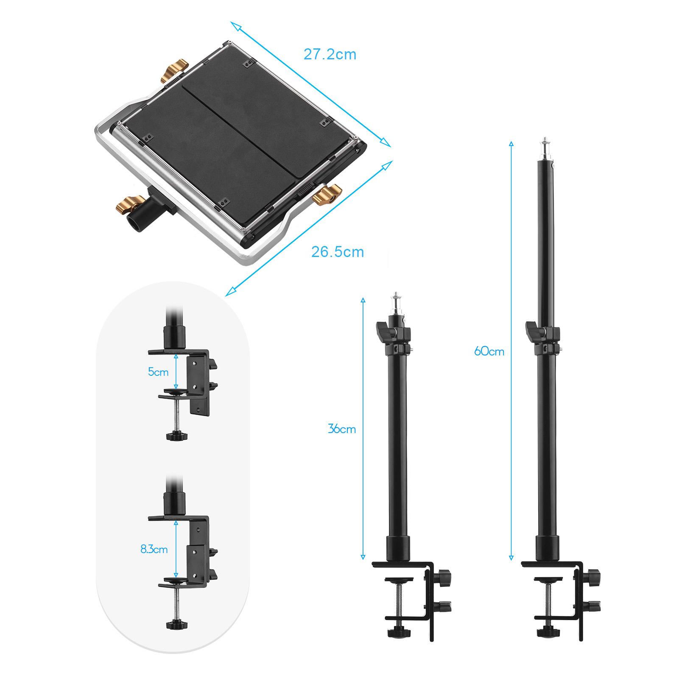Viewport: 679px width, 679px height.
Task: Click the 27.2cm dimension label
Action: pos(330,55)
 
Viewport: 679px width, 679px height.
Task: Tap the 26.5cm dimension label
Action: pos(338,251)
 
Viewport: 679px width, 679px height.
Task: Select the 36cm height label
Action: pos(342,429)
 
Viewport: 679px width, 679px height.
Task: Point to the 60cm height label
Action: pos(489,351)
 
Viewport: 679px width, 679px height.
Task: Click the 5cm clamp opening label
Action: pos(158,372)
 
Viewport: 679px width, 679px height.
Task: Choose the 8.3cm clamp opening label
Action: pos(154,550)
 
